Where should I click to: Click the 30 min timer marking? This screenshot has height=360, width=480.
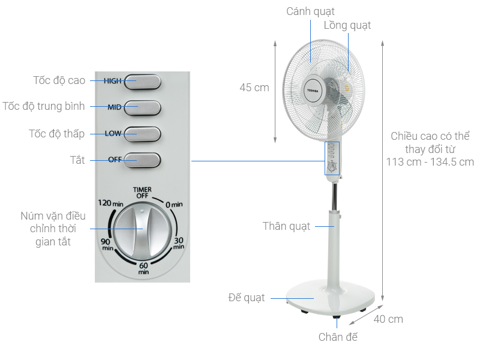(178, 243)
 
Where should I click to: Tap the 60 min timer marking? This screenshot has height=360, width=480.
(143, 268)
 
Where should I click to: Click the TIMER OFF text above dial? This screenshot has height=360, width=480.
(142, 192)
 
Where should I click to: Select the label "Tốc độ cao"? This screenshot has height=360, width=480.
(59, 80)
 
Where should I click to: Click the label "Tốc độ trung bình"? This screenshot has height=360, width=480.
(43, 107)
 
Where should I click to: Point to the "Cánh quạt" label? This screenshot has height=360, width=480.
(310, 11)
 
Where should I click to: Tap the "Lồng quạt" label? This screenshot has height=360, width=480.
(347, 25)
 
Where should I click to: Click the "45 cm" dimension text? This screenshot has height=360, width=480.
(254, 88)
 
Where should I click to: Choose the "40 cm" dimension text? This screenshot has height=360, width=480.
(388, 319)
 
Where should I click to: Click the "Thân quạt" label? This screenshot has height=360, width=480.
(287, 226)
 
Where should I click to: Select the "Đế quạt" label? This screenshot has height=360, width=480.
(246, 298)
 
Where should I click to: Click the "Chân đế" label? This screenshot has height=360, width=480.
(338, 337)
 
